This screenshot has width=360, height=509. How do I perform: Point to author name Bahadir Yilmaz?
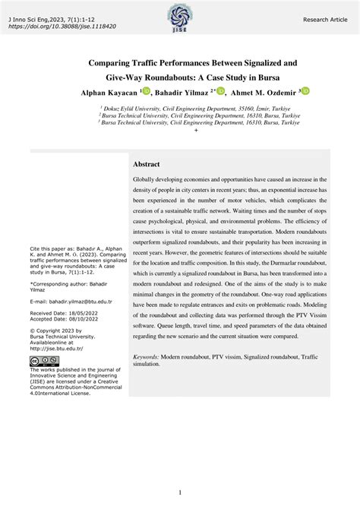pos(183,92)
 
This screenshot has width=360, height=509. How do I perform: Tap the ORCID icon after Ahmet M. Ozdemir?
pos(306,91)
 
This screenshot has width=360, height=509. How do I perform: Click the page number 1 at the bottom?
pos(179,492)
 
